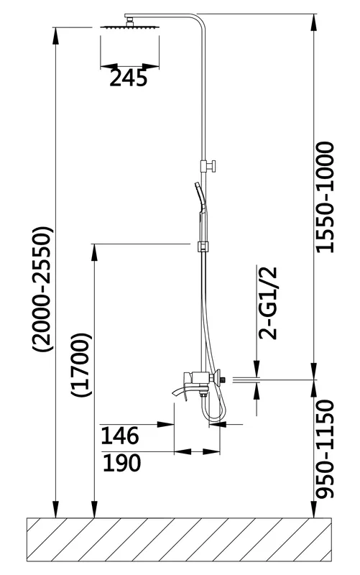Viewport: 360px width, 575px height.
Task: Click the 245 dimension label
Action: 129,78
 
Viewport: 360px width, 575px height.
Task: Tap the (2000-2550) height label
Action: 43,290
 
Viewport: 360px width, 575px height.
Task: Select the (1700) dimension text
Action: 80,365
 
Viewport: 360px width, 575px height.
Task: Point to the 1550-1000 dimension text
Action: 326,197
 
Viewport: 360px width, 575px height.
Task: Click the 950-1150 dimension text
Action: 326,449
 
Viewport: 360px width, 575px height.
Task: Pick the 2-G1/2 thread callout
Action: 268,303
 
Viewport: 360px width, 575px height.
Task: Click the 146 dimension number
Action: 120,436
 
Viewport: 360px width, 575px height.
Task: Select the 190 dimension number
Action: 121,462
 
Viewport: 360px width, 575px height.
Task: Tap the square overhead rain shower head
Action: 130,27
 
